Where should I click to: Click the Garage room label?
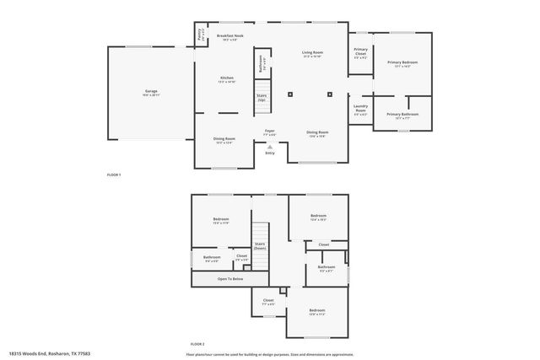tap(151, 92)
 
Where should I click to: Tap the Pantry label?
tap(200, 35)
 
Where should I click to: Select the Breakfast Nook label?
tap(229, 37)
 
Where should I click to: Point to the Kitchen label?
tap(227, 79)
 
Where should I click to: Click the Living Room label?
tap(313, 54)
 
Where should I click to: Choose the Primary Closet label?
tap(360, 53)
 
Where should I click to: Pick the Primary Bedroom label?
tap(402, 64)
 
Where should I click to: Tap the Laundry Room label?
tap(360, 110)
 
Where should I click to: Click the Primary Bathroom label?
tap(402, 116)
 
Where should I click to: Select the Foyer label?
tap(270, 132)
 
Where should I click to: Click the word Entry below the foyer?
tap(270, 153)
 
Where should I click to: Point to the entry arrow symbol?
tap(270, 145)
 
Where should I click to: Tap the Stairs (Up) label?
tap(262, 98)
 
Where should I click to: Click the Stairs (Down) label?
tap(260, 246)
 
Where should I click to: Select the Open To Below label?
tap(230, 278)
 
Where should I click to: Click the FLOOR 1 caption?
tap(114, 174)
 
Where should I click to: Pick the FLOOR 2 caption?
tap(197, 344)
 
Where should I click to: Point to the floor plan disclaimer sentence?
tap(269, 353)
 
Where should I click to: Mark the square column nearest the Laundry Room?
tap(330, 94)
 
